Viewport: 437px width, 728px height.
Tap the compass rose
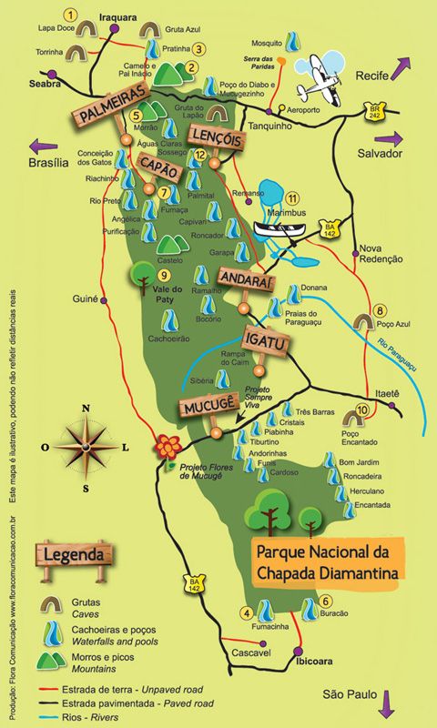tap(88, 447)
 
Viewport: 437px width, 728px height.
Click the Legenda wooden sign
tap(74, 553)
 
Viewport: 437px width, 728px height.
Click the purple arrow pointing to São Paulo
tap(388, 703)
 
